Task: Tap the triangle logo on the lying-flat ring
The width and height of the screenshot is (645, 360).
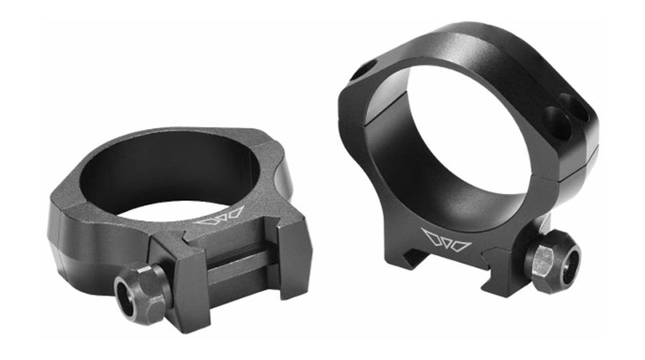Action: click(x=219, y=215)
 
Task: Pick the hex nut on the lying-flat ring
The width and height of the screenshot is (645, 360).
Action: click(x=143, y=290)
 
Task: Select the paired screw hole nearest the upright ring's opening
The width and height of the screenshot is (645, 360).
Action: click(x=552, y=114)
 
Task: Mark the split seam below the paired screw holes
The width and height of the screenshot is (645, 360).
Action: click(x=578, y=163)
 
